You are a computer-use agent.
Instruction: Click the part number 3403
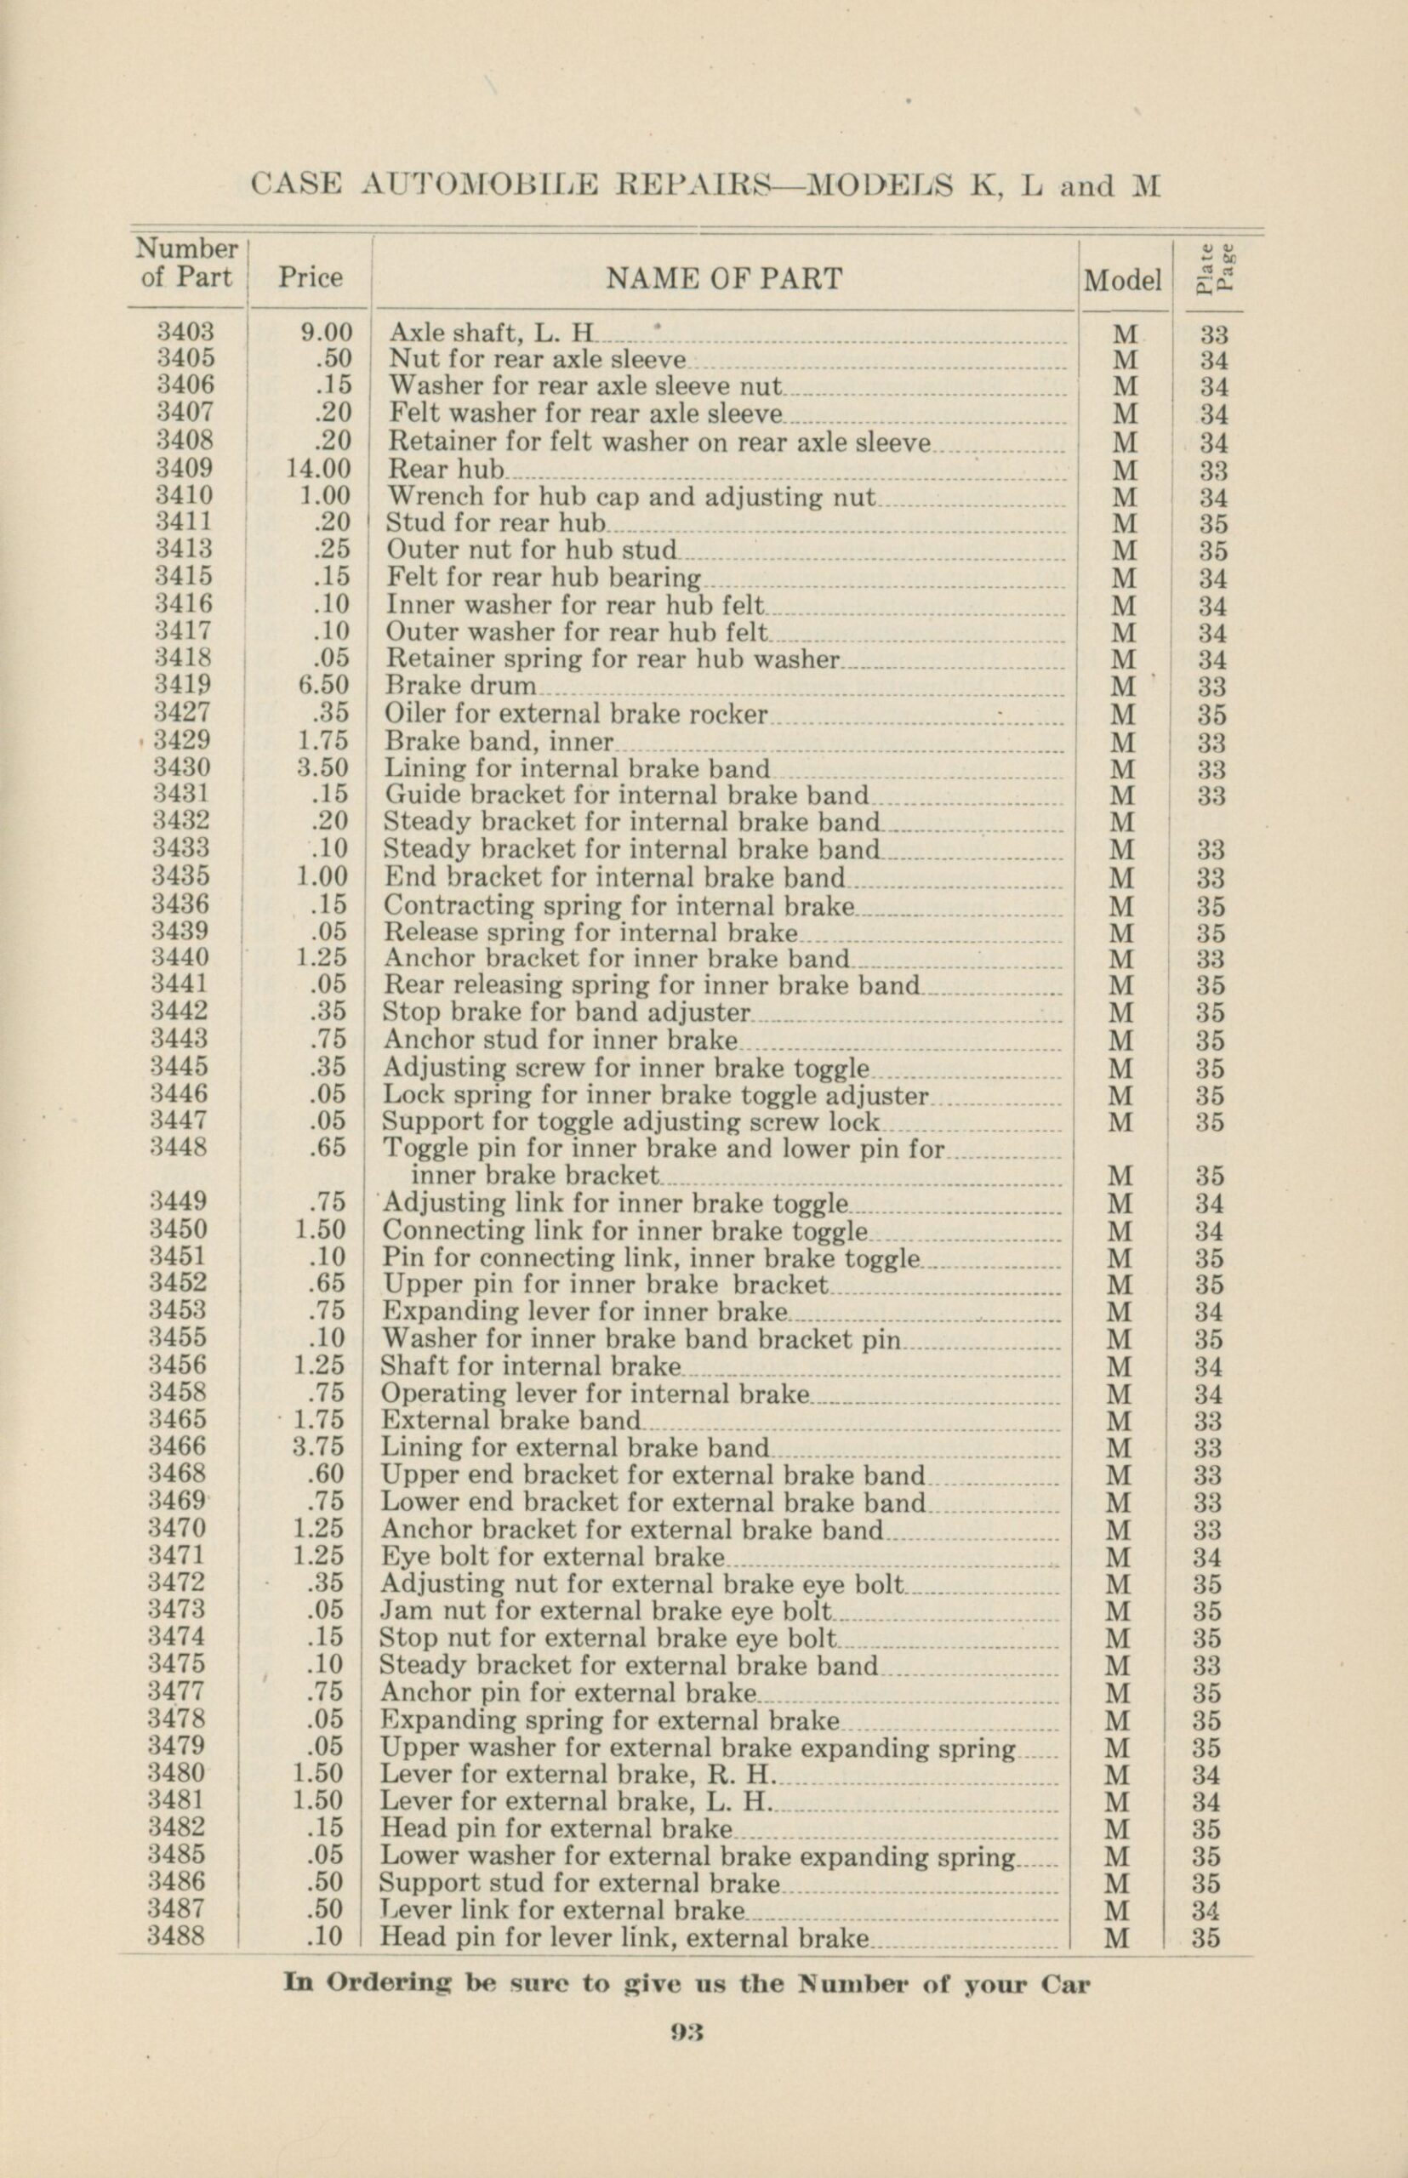185,333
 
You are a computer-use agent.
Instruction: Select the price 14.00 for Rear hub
318,469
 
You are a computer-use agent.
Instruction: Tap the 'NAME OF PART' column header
723,279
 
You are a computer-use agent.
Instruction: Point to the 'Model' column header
1123,281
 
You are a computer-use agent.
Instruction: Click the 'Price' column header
311,278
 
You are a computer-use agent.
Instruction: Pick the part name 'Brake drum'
461,686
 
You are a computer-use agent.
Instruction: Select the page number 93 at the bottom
686,2032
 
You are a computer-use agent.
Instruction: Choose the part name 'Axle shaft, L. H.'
492,333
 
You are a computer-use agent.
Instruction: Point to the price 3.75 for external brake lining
321,1446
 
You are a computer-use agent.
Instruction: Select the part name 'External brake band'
511,1420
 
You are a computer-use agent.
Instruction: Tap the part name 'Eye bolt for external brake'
552,1555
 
